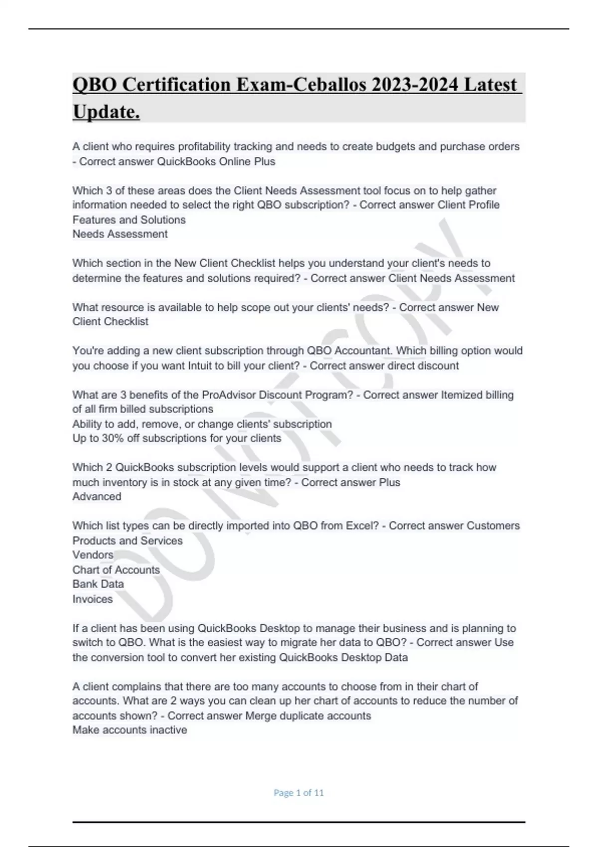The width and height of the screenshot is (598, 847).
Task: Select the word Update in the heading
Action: (x=106, y=112)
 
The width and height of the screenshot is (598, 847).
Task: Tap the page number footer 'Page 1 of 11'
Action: (x=299, y=793)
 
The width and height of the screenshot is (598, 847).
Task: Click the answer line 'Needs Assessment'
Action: (x=120, y=234)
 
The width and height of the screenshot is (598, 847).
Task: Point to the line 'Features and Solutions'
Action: (x=129, y=220)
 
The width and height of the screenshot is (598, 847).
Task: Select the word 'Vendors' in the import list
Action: (x=93, y=555)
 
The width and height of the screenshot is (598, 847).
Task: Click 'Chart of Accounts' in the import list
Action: (x=116, y=570)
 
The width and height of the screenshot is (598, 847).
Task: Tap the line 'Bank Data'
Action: (x=98, y=584)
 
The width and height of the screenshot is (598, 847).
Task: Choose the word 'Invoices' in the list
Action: (x=93, y=599)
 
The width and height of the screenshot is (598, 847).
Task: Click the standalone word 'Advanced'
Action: (x=97, y=497)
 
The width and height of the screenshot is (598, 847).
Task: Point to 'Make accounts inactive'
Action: (x=130, y=730)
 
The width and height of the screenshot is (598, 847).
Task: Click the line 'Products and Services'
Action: (x=128, y=541)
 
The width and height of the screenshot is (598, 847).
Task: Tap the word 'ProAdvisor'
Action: (x=228, y=395)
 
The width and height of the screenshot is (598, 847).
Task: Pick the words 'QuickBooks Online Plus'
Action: (x=216, y=161)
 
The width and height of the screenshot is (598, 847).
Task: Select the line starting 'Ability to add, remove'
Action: (x=202, y=424)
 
